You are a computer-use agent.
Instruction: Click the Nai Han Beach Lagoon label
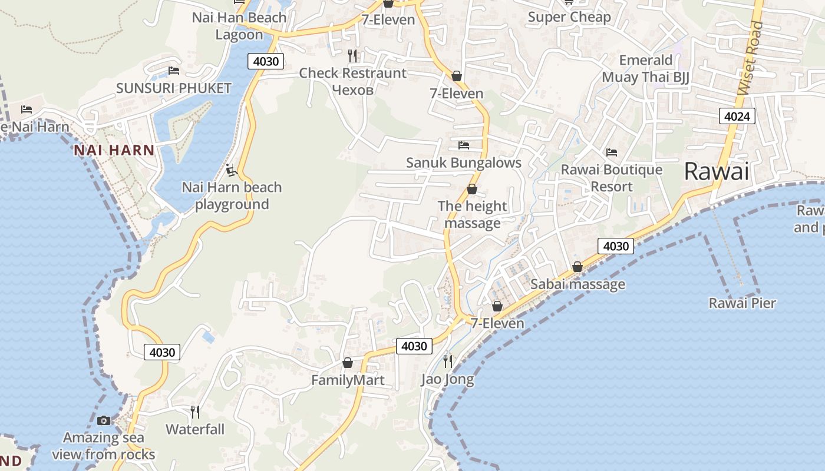[239, 26]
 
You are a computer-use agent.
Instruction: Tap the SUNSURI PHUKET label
[173, 88]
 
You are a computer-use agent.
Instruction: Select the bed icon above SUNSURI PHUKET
[173, 71]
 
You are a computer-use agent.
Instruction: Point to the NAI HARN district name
[114, 150]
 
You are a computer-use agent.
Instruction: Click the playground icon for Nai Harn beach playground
[232, 171]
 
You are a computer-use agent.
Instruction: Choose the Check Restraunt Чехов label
[352, 81]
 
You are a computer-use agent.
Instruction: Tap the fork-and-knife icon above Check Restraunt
[352, 56]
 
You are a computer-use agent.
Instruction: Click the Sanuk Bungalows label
[464, 162]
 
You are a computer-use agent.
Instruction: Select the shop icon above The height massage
[472, 189]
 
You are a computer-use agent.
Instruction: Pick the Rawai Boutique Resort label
[612, 178]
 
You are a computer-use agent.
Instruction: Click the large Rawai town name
[717, 172]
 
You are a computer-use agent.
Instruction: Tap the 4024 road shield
[737, 116]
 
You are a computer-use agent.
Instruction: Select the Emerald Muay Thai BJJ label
[645, 68]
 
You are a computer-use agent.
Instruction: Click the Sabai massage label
[577, 284]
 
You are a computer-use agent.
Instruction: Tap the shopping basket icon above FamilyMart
[348, 363]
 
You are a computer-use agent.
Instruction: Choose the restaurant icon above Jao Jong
[448, 361]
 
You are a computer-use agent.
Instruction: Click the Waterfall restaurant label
[195, 429]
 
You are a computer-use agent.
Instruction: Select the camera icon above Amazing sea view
[104, 420]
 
